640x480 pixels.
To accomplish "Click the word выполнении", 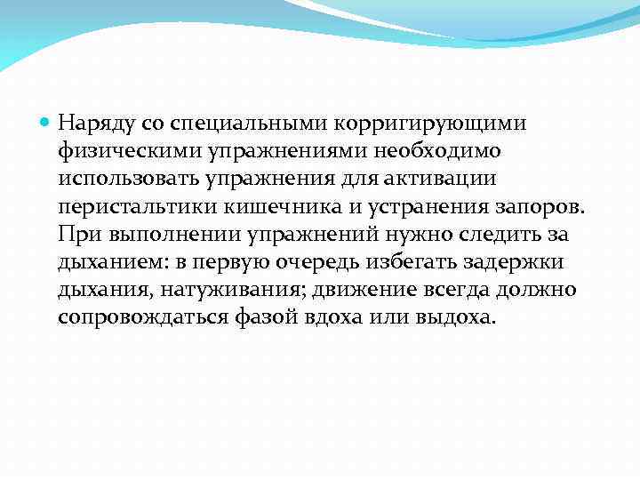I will click(156, 235).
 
